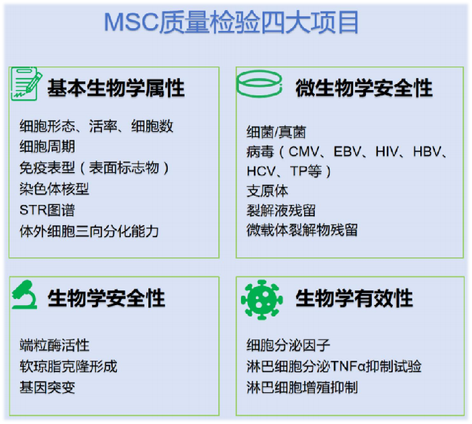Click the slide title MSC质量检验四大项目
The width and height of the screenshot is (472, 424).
231,22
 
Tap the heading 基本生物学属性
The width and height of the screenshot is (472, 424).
115,87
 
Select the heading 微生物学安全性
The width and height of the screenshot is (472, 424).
365,87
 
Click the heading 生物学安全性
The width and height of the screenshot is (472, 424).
106,298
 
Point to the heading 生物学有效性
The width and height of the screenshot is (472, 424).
355,298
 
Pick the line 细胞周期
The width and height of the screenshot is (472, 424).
47,146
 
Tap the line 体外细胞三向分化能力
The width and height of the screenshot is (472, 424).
89,231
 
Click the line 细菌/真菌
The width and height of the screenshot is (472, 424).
277,132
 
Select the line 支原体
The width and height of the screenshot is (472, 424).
267,191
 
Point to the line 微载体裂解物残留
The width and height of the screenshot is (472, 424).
302,230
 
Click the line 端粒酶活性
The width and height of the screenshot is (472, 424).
54,345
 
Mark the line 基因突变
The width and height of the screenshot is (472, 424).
47,388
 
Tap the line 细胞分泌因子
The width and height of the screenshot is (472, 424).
289,345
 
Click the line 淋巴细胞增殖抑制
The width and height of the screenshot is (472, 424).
302,388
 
